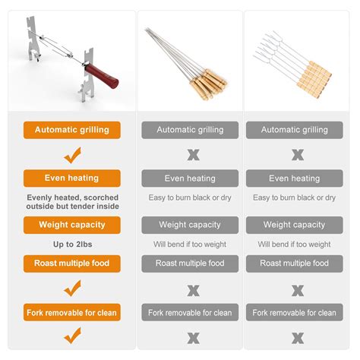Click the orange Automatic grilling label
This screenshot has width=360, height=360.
tap(71, 130)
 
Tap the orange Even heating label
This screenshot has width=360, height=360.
tap(71, 178)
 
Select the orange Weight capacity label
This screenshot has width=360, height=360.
tap(71, 225)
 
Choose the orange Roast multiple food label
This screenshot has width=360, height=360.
tap(71, 264)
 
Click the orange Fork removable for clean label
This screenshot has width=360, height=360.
tap(71, 312)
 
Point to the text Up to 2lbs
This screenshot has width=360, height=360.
tap(71, 245)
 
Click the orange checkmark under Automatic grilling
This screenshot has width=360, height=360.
tap(72, 155)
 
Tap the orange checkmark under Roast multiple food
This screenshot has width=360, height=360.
tap(72, 288)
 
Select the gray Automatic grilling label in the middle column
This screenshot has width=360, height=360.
tap(190, 130)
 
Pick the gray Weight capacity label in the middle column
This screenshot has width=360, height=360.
tap(190, 225)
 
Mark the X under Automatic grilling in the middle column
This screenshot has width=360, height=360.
tap(193, 155)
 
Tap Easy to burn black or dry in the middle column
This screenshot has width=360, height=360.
tap(190, 197)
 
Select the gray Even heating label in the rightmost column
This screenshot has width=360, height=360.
tap(294, 178)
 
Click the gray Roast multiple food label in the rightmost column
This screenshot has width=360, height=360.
tap(294, 264)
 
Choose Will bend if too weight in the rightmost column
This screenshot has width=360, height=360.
tap(294, 245)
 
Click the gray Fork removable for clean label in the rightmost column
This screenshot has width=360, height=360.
tap(294, 312)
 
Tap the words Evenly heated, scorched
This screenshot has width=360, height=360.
tap(71, 197)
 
